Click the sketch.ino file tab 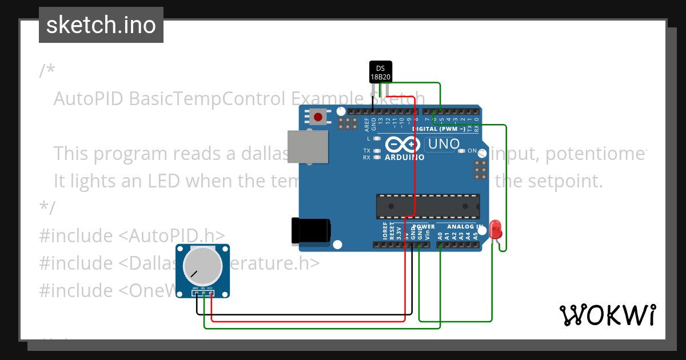101,25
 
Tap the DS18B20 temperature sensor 381,72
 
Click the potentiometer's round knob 202,266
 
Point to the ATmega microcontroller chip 427,206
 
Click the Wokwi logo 607,315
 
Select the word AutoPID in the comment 89,99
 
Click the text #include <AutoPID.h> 131,235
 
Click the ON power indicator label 472,151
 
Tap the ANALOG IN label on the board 465,227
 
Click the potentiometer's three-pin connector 203,294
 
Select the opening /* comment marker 47,71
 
